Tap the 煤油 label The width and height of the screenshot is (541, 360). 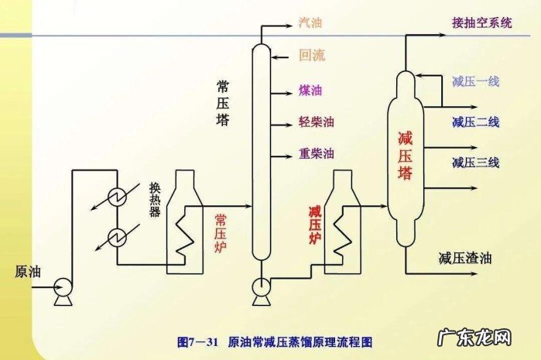[x=310, y=90]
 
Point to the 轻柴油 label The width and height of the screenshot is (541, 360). [x=316, y=122]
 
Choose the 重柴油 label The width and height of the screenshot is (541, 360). [x=316, y=153]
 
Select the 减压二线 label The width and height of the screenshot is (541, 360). [x=475, y=122]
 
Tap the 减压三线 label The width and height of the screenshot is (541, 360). [x=475, y=162]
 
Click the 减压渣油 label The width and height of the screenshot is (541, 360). [x=464, y=258]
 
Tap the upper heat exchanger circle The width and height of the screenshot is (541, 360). [x=118, y=196]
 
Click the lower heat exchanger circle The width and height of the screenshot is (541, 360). [x=118, y=236]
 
